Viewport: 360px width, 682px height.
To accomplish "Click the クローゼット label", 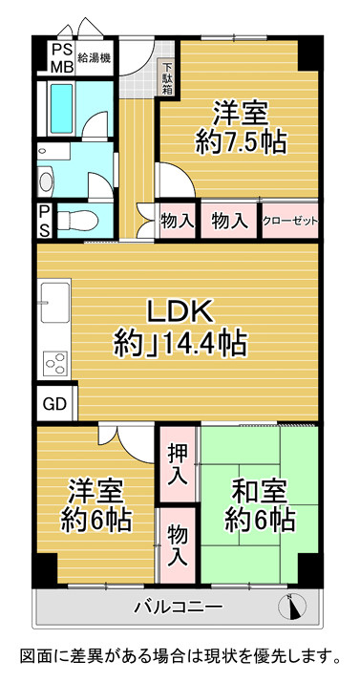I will [289, 221].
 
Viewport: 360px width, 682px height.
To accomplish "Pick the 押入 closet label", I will [177, 462].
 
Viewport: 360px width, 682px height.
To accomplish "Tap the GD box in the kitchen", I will [53, 403].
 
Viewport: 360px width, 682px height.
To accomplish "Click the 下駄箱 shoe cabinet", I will [167, 79].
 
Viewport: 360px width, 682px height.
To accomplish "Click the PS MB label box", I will [61, 59].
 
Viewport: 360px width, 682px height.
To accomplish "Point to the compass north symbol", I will [292, 605].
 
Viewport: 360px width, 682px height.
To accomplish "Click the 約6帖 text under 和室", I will [259, 522].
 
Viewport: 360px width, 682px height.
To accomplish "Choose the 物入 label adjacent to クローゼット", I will [229, 221].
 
